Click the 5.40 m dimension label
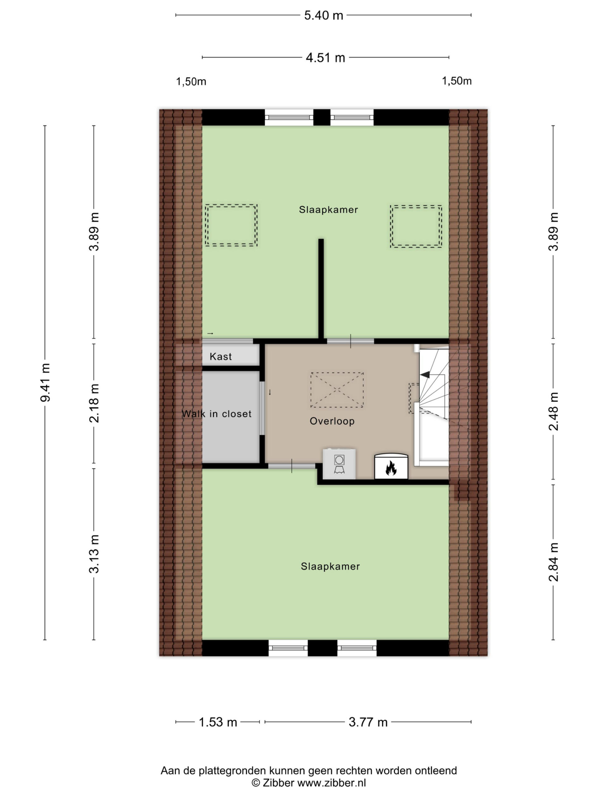(x=323, y=16)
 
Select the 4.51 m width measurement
(x=325, y=58)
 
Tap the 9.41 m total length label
(x=45, y=382)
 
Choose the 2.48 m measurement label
(x=553, y=411)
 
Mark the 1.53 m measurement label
(x=218, y=722)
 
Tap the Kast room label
(x=221, y=357)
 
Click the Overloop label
(x=332, y=421)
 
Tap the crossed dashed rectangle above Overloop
(x=337, y=390)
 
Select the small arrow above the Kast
(x=210, y=334)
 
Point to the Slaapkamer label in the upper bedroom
(x=328, y=210)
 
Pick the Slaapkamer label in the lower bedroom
(x=330, y=566)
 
